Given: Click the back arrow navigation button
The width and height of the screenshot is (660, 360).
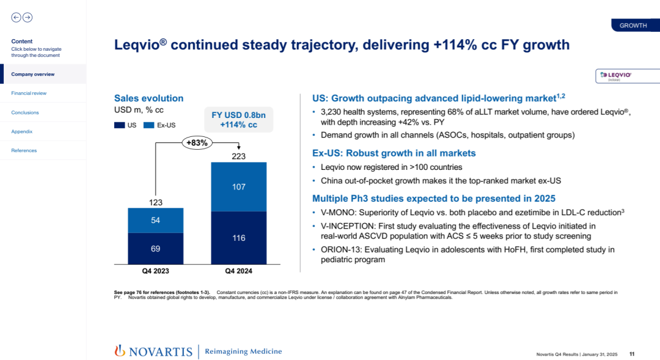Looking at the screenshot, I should (x=16, y=18).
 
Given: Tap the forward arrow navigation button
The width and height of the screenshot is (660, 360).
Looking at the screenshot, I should (x=28, y=18).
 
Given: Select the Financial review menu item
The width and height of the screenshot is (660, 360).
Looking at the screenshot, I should (x=29, y=94).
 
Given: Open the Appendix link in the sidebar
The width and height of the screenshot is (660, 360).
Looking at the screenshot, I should (x=22, y=131).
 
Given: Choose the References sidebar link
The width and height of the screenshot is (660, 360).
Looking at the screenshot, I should (x=24, y=150).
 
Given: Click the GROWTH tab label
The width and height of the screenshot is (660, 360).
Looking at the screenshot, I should (x=633, y=26).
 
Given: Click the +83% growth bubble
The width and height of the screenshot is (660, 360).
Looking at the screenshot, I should (x=197, y=143).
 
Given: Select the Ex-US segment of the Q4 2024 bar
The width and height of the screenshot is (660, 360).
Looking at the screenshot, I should (x=238, y=186).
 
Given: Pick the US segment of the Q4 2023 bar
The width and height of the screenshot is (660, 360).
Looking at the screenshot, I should (x=155, y=248).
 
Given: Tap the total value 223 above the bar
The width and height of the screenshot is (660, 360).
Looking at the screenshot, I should (x=238, y=156).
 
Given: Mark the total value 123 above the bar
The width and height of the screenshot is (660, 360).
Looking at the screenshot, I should (x=155, y=202).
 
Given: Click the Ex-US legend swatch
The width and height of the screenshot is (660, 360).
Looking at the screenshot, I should (x=149, y=125).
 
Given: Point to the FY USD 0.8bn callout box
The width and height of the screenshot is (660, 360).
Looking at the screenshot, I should (x=238, y=120).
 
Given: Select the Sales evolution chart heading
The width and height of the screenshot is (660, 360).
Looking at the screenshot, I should (x=148, y=98).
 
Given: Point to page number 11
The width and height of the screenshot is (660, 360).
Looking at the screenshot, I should (x=632, y=354).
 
